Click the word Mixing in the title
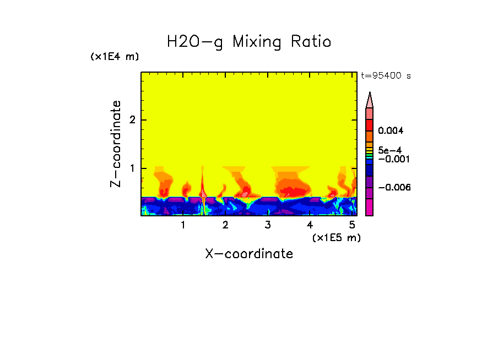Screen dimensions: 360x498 [257, 42]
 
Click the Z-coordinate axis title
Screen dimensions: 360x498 [116, 144]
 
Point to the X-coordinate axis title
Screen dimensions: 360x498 [249, 254]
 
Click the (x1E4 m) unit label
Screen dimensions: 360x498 [115, 57]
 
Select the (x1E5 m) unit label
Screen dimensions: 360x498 [336, 237]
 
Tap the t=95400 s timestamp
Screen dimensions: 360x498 [386, 76]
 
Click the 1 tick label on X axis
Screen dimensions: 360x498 [183, 225]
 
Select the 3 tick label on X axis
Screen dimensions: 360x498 [268, 225]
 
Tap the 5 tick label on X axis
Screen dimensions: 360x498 [352, 225]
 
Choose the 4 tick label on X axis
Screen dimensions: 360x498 [310, 225]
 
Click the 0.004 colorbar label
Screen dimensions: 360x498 [391, 131]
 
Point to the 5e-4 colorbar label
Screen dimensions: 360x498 [390, 150]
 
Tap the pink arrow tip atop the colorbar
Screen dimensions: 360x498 [370, 100]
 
